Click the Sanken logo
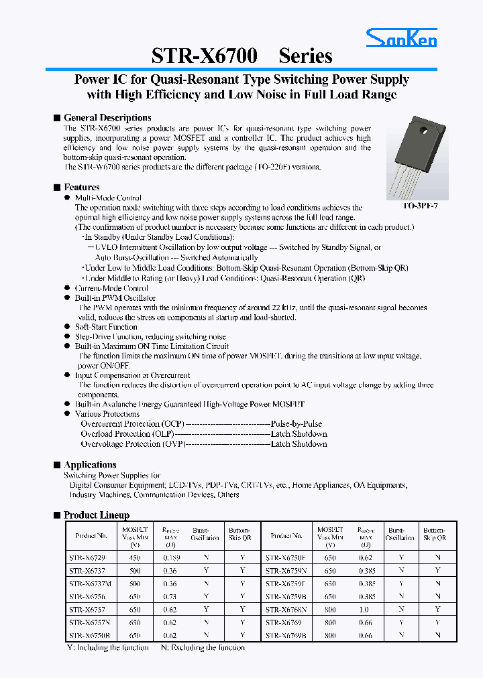401,38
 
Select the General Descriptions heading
107,117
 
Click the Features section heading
81,187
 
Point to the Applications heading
90,464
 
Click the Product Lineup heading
96,515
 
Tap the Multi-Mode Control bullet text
108,198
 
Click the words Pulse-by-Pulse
297,424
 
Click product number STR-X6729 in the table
87,557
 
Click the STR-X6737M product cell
89,584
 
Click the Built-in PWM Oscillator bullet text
115,297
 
